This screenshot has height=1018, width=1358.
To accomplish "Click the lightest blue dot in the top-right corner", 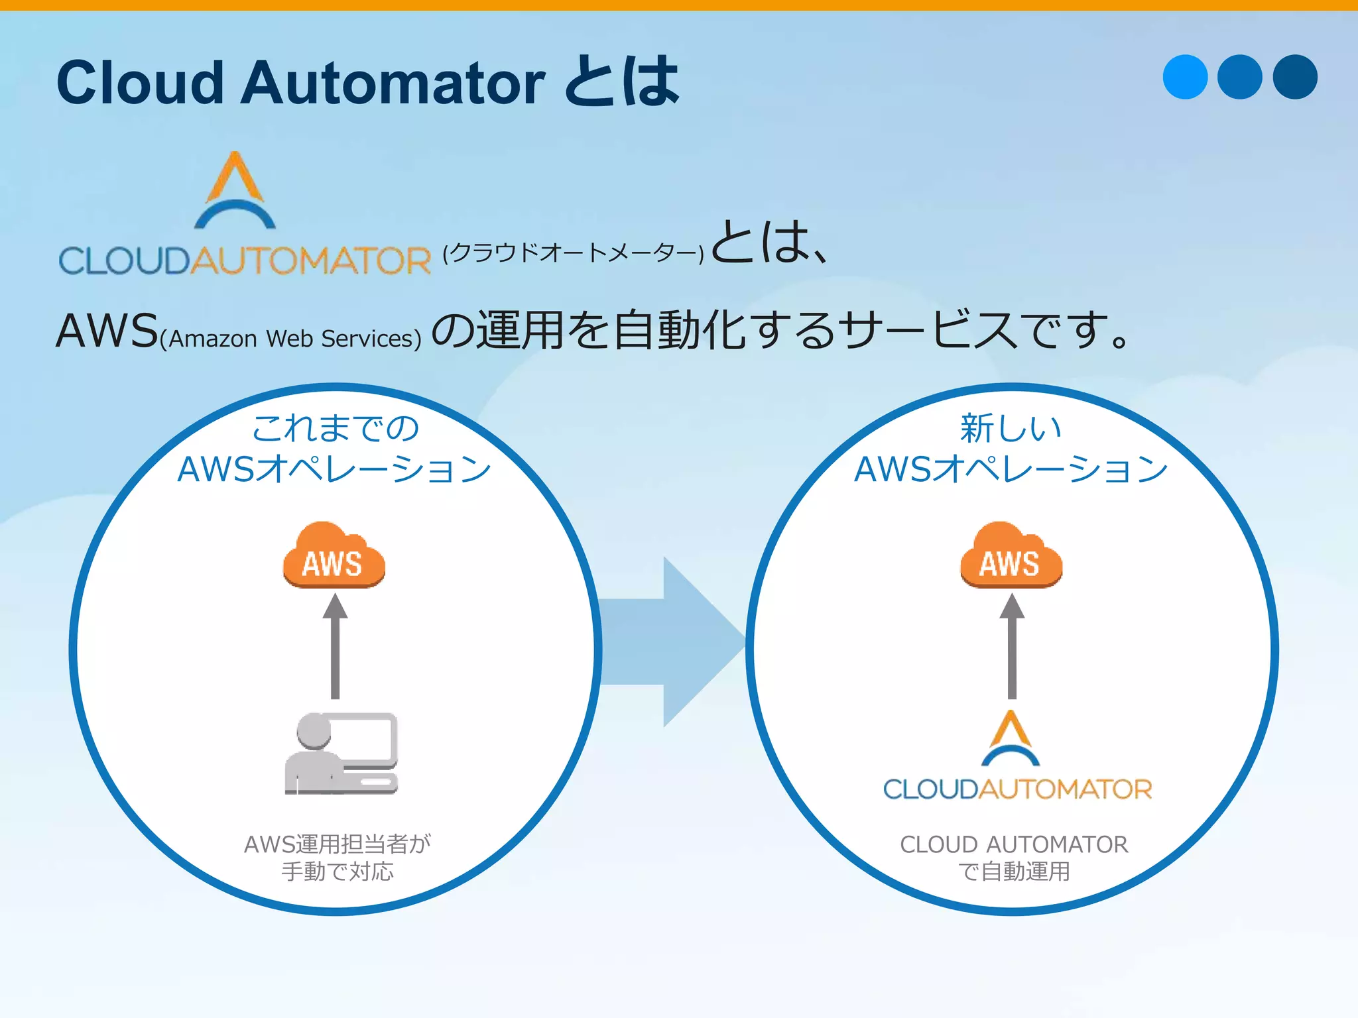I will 1185,77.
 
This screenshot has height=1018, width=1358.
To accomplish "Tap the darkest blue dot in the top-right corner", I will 1295,77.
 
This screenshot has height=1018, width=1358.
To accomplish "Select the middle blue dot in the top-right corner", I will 1240,77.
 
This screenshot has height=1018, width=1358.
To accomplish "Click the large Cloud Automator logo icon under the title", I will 235,191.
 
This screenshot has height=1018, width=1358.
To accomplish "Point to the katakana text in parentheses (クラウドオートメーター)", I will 573,253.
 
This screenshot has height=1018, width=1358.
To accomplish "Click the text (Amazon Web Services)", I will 290,339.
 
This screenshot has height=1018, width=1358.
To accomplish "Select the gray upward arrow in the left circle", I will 335,646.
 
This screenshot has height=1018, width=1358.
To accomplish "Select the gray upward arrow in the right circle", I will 1012,646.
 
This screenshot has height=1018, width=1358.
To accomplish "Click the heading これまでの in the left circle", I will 336,428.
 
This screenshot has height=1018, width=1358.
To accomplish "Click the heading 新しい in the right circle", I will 1011,428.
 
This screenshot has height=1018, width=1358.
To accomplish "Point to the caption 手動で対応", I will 338,871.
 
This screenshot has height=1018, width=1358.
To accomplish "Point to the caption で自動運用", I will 1014,871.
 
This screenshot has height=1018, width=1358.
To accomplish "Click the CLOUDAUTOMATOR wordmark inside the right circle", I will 1017,789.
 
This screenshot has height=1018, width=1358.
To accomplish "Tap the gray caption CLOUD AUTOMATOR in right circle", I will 1014,844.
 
